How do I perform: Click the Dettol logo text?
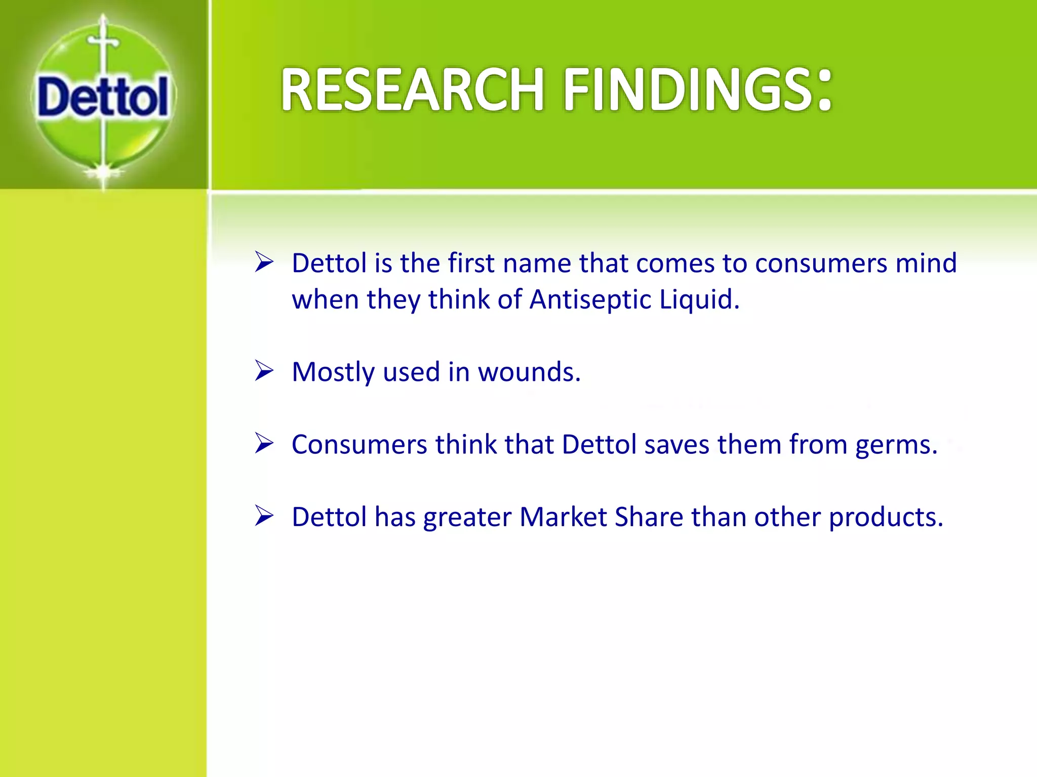pyautogui.click(x=103, y=97)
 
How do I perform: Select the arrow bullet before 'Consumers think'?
pyautogui.click(x=264, y=444)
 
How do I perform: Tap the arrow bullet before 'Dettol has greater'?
pyautogui.click(x=264, y=516)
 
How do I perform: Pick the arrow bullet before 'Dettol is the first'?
pyautogui.click(x=264, y=262)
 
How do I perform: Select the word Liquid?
pyautogui.click(x=699, y=299)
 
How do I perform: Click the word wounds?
pyautogui.click(x=529, y=372)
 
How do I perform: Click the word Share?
pyautogui.click(x=649, y=517)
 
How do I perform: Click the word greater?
pyautogui.click(x=467, y=518)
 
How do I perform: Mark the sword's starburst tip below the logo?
pyautogui.click(x=103, y=172)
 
